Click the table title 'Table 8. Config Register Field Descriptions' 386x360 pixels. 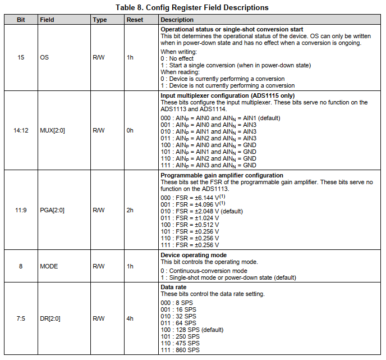pos(192,7)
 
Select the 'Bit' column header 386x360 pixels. pos(21,20)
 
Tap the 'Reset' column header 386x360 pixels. pos(135,20)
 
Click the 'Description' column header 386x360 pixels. pos(177,20)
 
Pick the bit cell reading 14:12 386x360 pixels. pos(21,130)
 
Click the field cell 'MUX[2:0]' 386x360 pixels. pos(52,130)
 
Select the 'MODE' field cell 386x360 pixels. pos(49,266)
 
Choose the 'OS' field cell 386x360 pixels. pos(44,57)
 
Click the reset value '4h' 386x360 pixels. pos(130,318)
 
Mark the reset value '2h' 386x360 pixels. pos(130,210)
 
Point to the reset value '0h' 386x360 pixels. pos(130,130)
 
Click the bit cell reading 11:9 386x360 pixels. pos(21,210)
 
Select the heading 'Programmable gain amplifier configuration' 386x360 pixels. pos(222,175)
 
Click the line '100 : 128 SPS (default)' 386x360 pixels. pos(192,330)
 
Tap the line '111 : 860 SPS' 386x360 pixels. pos(180,350)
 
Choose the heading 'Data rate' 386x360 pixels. pos(174,287)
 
